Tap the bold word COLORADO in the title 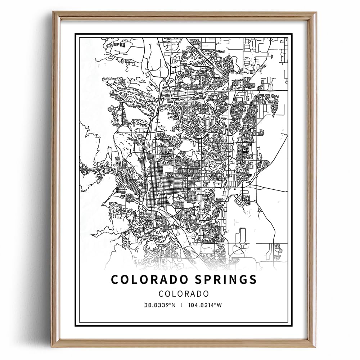tap(147, 279)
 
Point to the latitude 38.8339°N tap(160, 305)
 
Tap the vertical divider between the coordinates tap(182, 305)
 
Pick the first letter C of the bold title tap(115, 279)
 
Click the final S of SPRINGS tap(253, 279)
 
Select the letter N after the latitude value tap(173, 305)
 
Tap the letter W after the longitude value tap(220, 305)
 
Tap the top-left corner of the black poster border tap(75, 34)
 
